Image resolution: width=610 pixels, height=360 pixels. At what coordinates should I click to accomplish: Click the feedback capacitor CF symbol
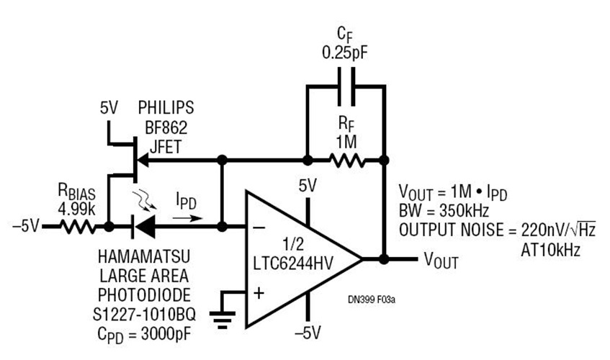(346, 86)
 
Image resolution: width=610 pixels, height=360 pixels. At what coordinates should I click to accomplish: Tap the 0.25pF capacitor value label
(346, 53)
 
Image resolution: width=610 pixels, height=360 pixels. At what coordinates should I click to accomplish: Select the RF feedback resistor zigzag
(346, 159)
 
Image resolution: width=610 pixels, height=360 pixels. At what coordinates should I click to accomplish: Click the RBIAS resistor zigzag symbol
(79, 227)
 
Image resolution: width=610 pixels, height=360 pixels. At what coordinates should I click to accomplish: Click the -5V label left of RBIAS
(26, 227)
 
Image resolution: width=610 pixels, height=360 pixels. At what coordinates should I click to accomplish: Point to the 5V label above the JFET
(109, 109)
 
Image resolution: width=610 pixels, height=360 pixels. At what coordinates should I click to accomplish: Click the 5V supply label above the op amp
(308, 186)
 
